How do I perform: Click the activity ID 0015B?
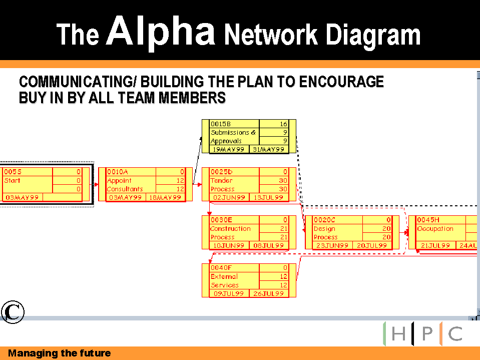[221, 124]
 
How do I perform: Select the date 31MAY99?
[268, 149]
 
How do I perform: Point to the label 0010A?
[117, 172]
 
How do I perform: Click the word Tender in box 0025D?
[221, 180]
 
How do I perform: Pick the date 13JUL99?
[268, 198]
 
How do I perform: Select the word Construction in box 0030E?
[230, 228]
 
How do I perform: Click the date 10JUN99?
[229, 246]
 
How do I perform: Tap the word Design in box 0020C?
[324, 228]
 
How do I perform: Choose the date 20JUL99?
[371, 246]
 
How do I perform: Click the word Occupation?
[435, 228]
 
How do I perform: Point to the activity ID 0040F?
[221, 267]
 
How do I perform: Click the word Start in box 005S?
[12, 180]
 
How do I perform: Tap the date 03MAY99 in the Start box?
[22, 198]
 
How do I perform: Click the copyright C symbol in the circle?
[12, 311]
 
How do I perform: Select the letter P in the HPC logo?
[427, 334]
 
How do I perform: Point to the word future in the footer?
[95, 353]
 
